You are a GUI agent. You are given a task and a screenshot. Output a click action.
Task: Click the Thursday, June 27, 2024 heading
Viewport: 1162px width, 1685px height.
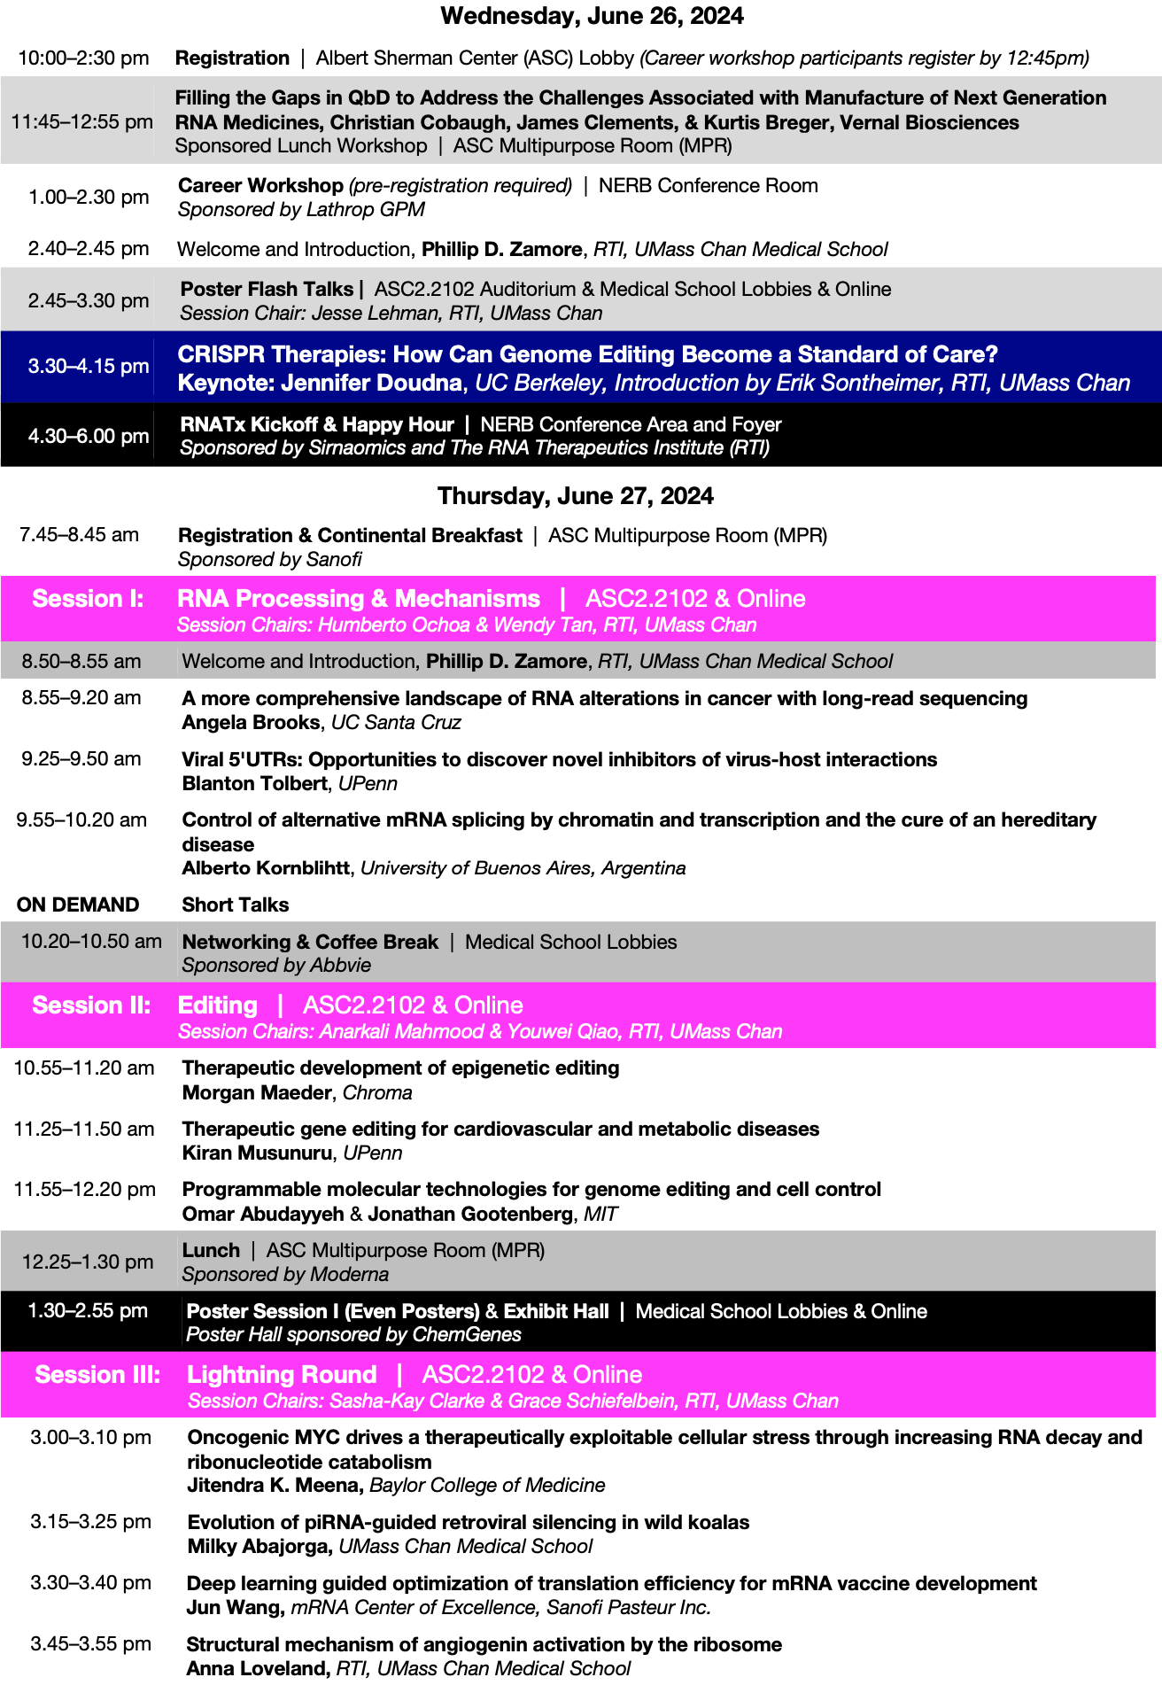pyautogui.click(x=575, y=496)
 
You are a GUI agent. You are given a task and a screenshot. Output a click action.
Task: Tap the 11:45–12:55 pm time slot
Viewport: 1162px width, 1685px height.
pyautogui.click(x=81, y=122)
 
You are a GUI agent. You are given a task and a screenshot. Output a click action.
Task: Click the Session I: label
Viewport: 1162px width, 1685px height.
pyautogui.click(x=88, y=600)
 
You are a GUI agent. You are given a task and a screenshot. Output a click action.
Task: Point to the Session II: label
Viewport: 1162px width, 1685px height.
pyautogui.click(x=91, y=1006)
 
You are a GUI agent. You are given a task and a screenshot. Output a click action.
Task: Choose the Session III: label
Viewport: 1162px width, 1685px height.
pyautogui.click(x=97, y=1375)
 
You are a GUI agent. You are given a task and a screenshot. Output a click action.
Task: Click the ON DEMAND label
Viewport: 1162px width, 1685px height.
pyautogui.click(x=78, y=905)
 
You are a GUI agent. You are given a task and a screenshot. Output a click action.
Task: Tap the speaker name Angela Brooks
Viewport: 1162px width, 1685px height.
pyautogui.click(x=251, y=723)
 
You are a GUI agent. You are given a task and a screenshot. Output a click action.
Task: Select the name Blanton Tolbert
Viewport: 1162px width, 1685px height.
pyautogui.click(x=254, y=784)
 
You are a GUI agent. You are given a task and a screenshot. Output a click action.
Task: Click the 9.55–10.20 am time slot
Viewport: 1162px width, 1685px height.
pyautogui.click(x=81, y=820)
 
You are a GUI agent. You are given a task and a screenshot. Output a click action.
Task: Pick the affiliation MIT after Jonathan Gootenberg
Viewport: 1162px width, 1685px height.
pyautogui.click(x=600, y=1215)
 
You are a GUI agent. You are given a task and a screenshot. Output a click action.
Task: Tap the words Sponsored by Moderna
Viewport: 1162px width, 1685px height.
pyautogui.click(x=285, y=1275)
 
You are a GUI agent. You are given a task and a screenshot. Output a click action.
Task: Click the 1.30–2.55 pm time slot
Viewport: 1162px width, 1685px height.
pyautogui.click(x=88, y=1311)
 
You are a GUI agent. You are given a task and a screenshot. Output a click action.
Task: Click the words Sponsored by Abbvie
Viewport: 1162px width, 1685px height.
pyautogui.click(x=276, y=966)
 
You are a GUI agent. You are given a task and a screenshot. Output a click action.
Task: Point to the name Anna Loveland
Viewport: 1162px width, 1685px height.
pyautogui.click(x=257, y=1669)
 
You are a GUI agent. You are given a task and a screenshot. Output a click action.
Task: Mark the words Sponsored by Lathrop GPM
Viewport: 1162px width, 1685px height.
pyautogui.click(x=301, y=210)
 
